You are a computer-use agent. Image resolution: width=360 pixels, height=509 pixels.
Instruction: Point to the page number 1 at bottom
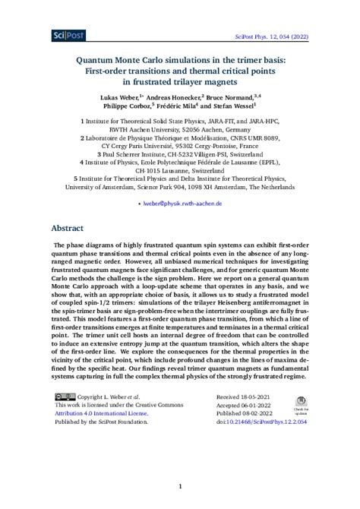[x=180, y=486]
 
